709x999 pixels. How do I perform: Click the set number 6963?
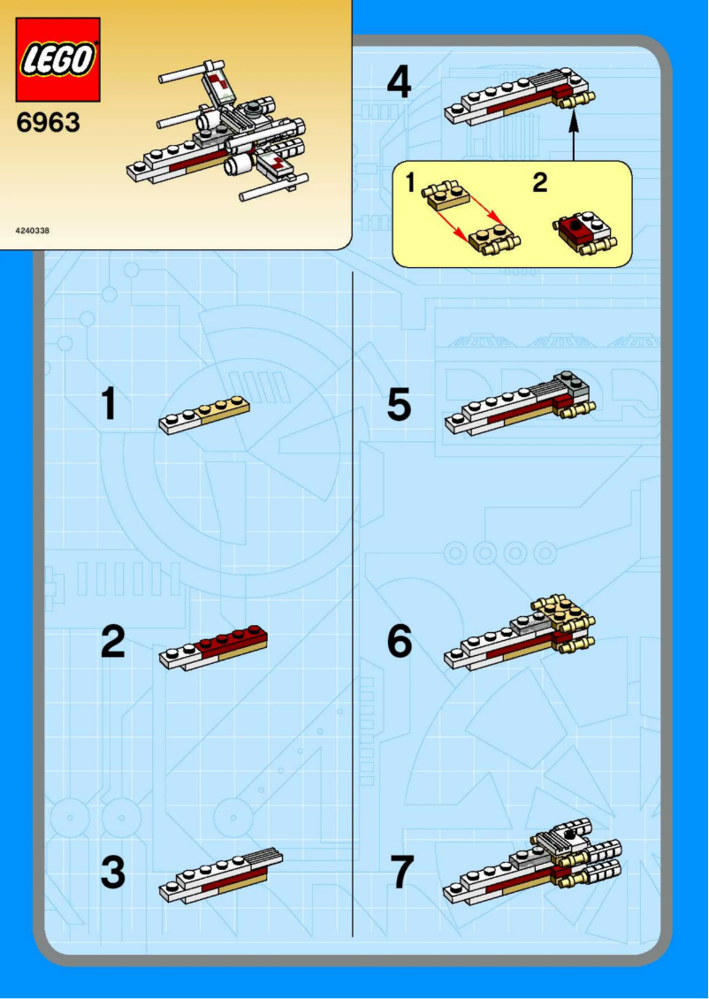(x=49, y=123)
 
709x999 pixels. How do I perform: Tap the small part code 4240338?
(x=33, y=231)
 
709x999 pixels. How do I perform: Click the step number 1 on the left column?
(x=109, y=405)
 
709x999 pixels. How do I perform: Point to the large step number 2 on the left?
(x=112, y=642)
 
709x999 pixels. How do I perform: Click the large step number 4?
(x=399, y=84)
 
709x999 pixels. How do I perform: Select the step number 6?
(x=399, y=642)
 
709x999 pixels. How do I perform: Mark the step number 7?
(x=400, y=873)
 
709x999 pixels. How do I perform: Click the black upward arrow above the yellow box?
(x=574, y=138)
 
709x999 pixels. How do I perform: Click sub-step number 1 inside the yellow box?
(x=410, y=183)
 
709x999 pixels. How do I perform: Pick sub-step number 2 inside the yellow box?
(x=539, y=183)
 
